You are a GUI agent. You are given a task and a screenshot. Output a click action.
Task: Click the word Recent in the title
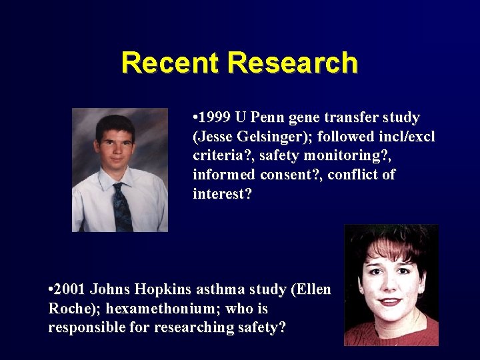coord(171,63)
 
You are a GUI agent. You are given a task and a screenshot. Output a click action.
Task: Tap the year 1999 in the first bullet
coord(215,118)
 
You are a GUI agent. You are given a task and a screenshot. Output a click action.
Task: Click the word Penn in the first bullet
coord(273,118)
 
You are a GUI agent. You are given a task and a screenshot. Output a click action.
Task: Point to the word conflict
coord(361,175)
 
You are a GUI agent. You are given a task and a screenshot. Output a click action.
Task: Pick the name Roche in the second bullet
coord(69,309)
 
